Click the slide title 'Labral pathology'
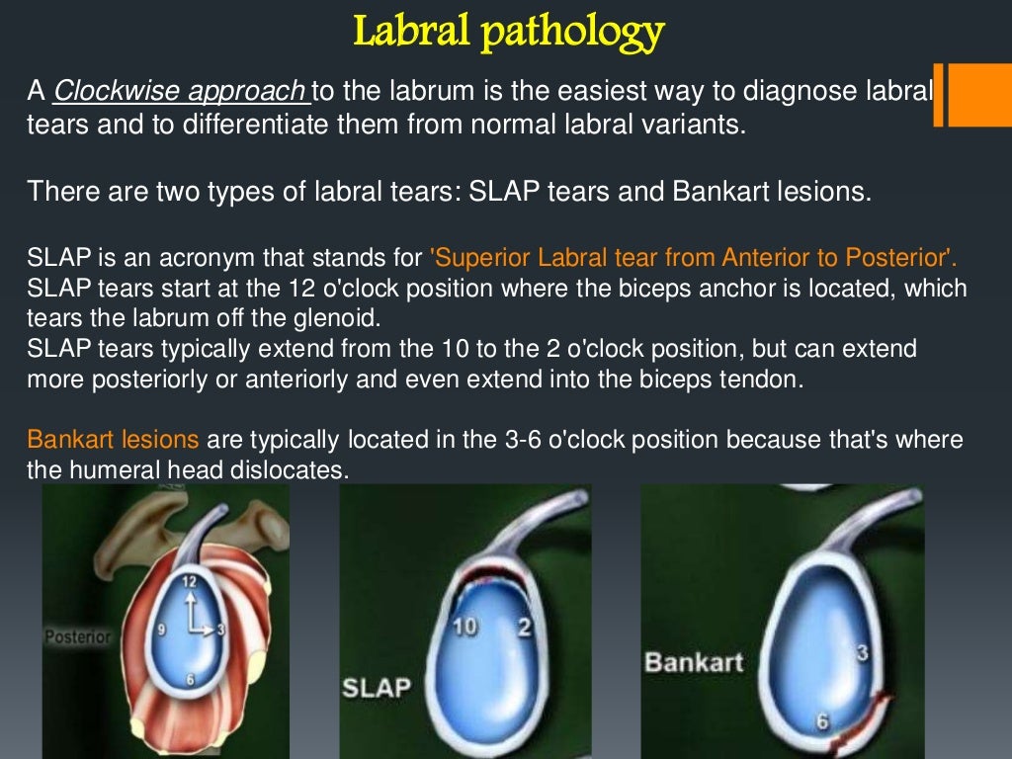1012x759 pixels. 508,32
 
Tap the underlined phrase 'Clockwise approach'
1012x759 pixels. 179,91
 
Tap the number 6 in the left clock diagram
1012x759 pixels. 190,679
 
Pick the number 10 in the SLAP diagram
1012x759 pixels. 464,627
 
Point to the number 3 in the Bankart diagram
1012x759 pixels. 862,651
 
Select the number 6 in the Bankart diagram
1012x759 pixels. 821,721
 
